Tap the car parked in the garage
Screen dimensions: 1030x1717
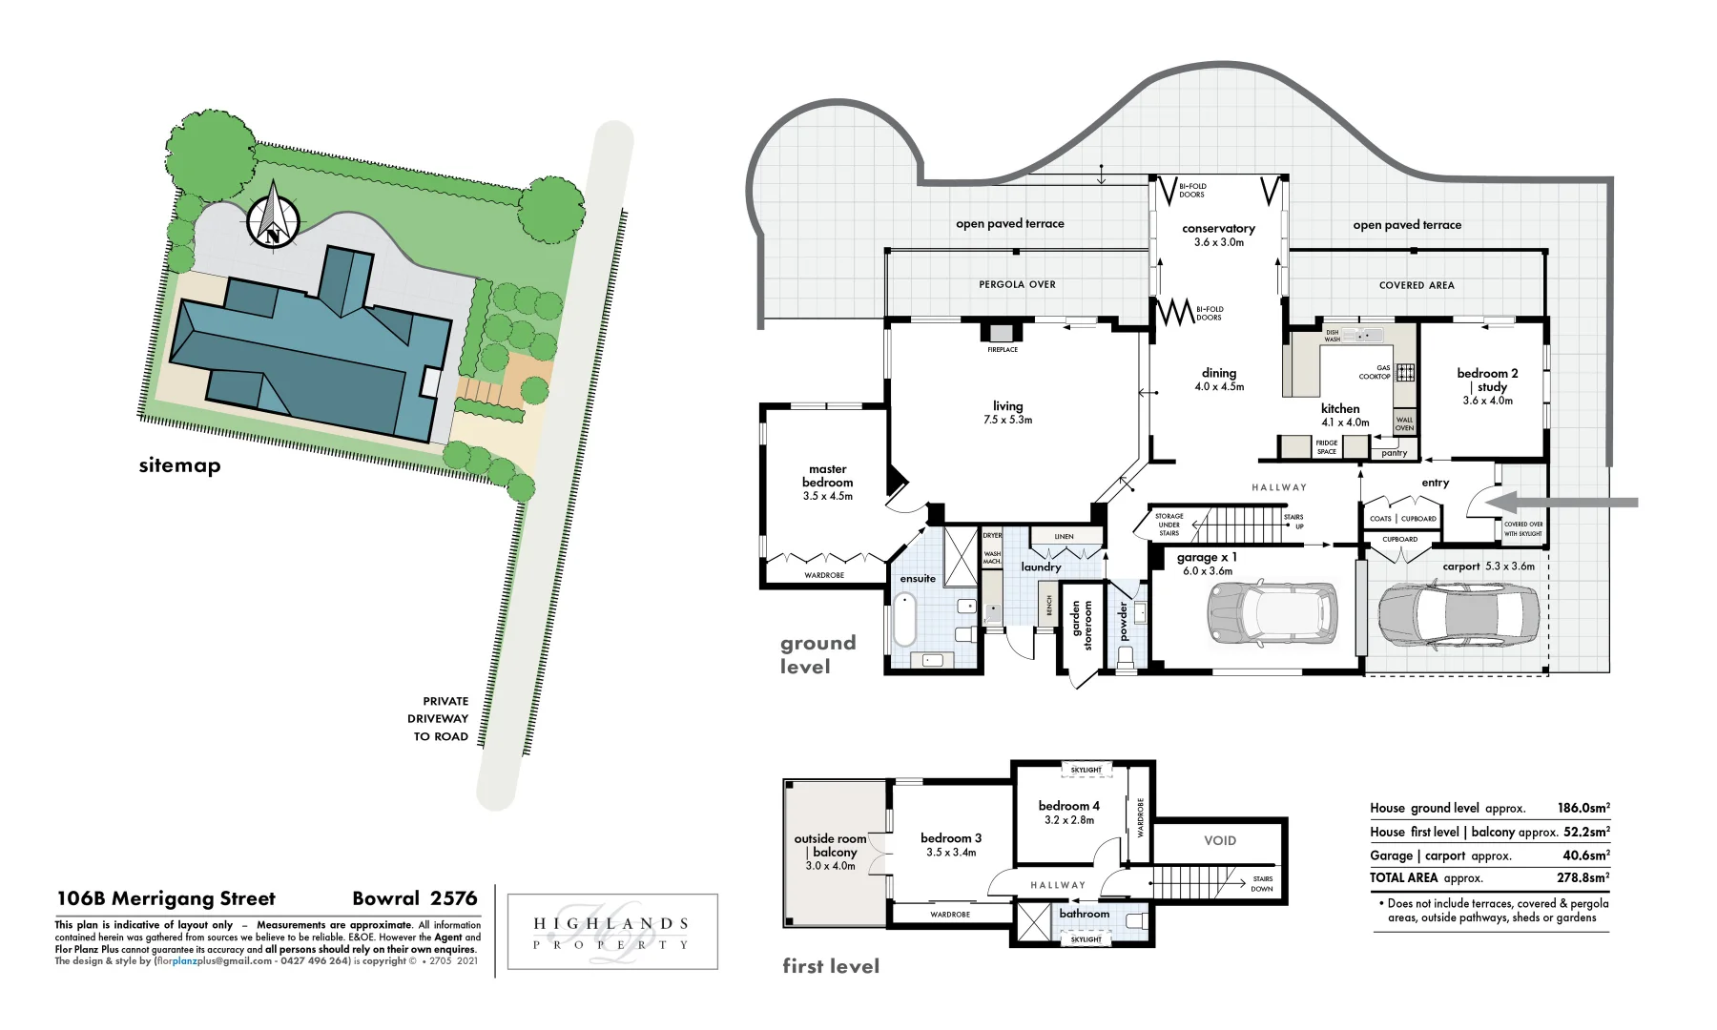pos(1272,610)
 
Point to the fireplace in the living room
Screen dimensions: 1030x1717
pos(1002,333)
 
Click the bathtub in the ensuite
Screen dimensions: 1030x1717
pos(904,620)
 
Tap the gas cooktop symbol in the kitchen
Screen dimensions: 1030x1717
pos(1405,372)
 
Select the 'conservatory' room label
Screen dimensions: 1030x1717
pos(1218,229)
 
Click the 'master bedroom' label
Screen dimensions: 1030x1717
pos(827,476)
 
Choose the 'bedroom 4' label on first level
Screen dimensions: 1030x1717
pos(1068,806)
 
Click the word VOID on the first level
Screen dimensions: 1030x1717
pos(1219,840)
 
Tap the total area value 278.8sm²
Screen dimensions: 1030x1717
pos(1583,877)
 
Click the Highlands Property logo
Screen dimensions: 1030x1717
pos(611,932)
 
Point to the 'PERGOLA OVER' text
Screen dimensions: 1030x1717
pos(1017,284)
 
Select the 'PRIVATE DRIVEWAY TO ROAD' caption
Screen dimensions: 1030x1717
pos(441,719)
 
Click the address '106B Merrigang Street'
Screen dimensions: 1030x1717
pos(166,898)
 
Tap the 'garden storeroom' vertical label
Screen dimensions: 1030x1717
pos(1082,625)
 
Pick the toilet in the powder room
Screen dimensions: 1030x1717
pos(1126,657)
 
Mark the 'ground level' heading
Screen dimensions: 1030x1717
pos(817,654)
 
